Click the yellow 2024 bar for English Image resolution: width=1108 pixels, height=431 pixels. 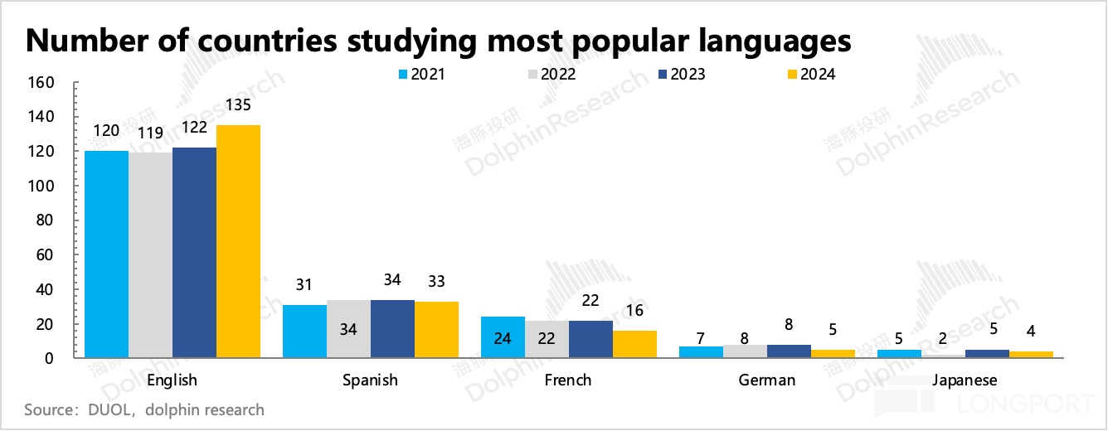click(x=239, y=241)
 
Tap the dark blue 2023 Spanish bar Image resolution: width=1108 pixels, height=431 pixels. click(x=392, y=329)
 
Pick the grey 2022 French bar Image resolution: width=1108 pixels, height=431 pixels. click(x=547, y=339)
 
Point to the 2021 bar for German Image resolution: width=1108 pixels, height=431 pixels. click(x=701, y=352)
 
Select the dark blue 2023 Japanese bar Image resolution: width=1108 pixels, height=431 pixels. click(x=987, y=354)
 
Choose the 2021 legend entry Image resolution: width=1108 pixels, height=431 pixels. click(x=422, y=75)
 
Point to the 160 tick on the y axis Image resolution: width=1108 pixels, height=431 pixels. click(x=42, y=83)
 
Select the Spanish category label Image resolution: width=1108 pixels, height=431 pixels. click(x=370, y=380)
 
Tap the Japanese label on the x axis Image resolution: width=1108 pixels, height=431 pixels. click(x=965, y=380)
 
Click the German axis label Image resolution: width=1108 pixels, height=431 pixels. click(x=766, y=380)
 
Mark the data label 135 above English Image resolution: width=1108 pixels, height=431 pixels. click(x=238, y=107)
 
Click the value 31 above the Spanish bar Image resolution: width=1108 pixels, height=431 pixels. click(x=304, y=284)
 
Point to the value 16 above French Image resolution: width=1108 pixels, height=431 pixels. click(x=634, y=311)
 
